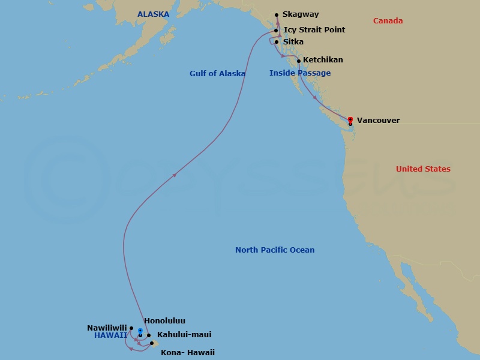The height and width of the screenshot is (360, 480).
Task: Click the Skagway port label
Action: tap(301, 14)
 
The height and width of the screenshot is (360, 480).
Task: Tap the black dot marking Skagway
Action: tap(277, 15)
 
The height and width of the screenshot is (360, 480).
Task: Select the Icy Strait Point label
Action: tap(314, 29)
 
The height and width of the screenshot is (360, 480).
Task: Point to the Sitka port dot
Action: tap(277, 42)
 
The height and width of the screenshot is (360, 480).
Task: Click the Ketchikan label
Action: tap(323, 60)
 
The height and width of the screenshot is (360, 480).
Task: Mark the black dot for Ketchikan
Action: tap(299, 61)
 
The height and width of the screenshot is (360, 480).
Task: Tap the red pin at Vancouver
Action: tap(350, 119)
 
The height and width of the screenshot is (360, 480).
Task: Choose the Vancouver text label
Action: tap(378, 121)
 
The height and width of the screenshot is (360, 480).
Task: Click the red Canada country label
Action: tap(388, 21)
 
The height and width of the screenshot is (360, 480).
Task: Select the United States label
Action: tap(423, 169)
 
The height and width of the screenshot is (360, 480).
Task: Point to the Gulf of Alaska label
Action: tap(217, 74)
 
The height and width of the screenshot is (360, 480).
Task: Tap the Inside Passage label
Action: tap(300, 73)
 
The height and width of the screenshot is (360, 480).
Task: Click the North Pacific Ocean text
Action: tap(275, 250)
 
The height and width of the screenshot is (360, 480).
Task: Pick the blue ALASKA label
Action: tap(153, 14)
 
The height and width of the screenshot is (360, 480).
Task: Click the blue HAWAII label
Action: tap(110, 335)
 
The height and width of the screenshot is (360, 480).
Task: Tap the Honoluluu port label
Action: tap(164, 321)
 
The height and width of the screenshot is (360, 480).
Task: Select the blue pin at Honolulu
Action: tap(140, 330)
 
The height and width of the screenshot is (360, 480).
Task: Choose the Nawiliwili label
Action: tap(107, 328)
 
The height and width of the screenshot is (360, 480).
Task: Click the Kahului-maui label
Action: tap(184, 335)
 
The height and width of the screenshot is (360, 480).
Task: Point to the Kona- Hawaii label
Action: tap(187, 353)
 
